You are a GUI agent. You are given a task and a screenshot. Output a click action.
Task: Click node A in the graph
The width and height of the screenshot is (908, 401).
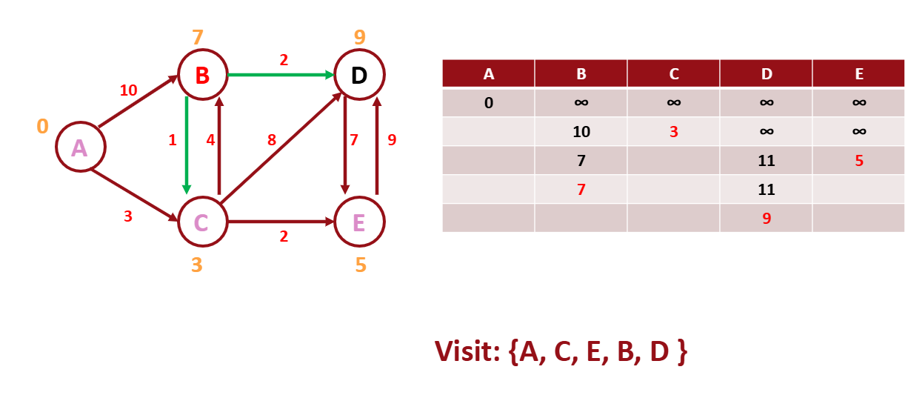tap(79, 148)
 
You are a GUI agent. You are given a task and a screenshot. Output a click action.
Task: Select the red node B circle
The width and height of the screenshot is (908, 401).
tap(201, 75)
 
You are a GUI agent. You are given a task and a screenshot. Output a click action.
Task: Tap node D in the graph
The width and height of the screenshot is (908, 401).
tap(359, 75)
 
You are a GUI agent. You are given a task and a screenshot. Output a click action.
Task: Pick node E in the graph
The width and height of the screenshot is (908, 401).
tap(359, 222)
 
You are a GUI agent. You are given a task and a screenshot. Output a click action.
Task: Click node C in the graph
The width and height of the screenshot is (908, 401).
tap(201, 222)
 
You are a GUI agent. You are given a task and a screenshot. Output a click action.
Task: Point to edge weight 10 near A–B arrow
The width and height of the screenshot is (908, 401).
tap(128, 90)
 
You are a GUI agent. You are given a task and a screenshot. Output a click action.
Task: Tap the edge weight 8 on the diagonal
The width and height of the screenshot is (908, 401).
tap(273, 140)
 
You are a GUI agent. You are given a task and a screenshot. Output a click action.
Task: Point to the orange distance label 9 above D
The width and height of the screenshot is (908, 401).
tap(359, 38)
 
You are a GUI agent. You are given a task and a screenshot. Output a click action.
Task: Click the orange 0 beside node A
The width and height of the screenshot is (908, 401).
tap(42, 127)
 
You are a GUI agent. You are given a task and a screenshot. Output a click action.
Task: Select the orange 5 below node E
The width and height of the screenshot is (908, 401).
tap(360, 265)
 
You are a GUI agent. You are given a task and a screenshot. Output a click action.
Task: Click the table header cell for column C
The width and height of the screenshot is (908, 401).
tap(673, 74)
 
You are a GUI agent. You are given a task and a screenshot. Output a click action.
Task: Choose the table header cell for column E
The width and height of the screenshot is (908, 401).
tap(858, 74)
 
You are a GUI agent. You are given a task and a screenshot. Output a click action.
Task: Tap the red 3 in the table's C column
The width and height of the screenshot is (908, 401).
tap(673, 132)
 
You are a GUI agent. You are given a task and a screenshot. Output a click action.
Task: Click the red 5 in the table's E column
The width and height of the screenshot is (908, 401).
tap(858, 161)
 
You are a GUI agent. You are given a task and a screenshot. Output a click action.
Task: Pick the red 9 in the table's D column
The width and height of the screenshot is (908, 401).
tap(766, 219)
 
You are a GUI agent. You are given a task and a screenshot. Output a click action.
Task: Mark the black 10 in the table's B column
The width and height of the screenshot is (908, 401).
tap(581, 132)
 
